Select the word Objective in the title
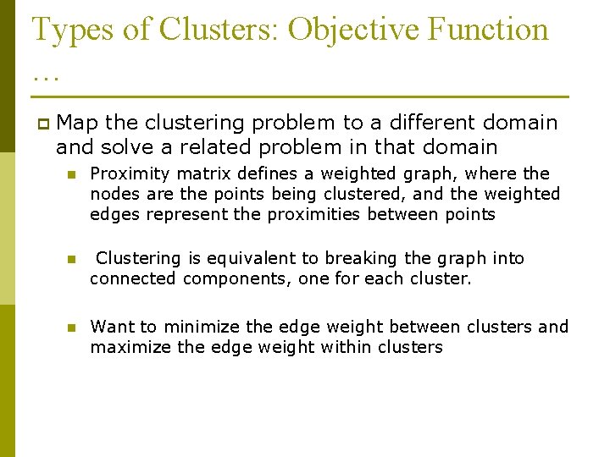353,30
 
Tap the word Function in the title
489,30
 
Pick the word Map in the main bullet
77,124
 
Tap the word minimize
201,327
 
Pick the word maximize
130,347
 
